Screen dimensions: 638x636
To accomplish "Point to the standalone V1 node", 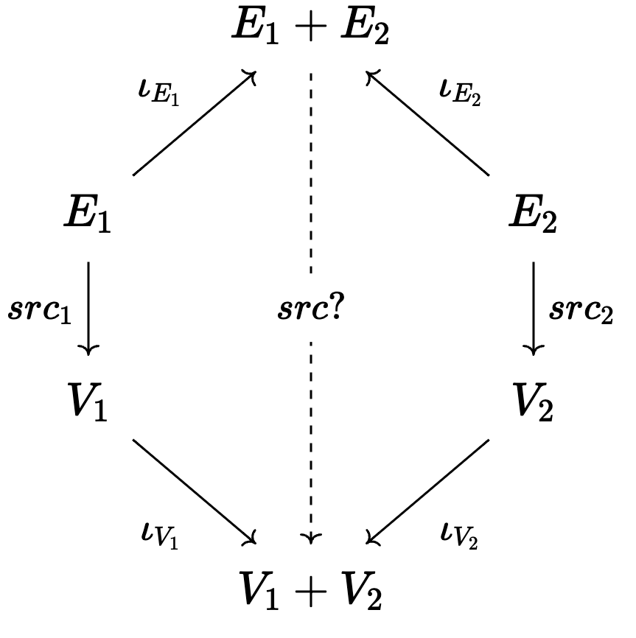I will pyautogui.click(x=88, y=403).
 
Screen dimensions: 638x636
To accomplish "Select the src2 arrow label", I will pyautogui.click(x=581, y=310).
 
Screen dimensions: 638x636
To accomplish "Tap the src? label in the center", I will pyautogui.click(x=310, y=310).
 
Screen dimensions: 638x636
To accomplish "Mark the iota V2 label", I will pyautogui.click(x=458, y=536).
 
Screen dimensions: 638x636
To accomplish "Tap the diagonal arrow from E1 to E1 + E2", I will pyautogui.click(x=194, y=124).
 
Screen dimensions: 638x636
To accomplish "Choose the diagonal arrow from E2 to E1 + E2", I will pyautogui.click(x=428, y=124).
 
